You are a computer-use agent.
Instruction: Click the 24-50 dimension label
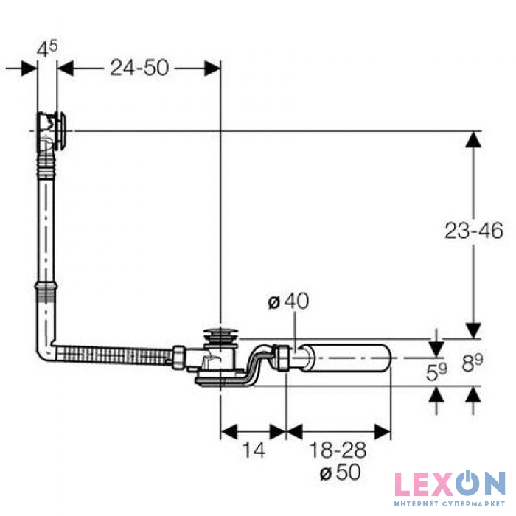139,68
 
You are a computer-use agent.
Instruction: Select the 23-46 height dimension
474,230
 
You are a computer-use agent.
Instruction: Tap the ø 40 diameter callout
289,301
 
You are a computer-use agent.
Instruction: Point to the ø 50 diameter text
341,473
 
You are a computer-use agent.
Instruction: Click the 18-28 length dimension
338,450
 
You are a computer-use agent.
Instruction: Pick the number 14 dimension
254,450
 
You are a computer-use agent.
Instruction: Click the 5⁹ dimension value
436,372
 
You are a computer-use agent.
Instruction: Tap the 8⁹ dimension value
473,363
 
